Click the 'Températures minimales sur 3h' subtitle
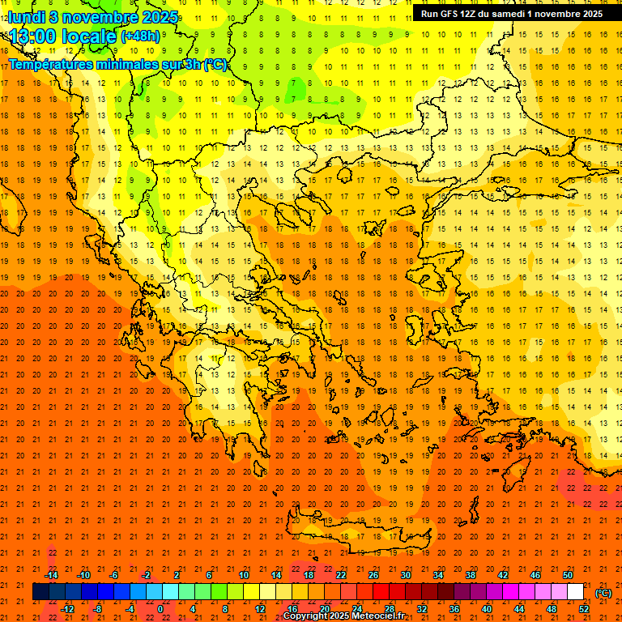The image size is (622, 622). click(x=117, y=65)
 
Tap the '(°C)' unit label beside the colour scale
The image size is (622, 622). click(x=603, y=593)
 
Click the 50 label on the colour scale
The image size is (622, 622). click(x=568, y=575)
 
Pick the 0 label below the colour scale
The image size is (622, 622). click(x=160, y=609)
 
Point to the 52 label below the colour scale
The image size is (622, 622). click(x=584, y=609)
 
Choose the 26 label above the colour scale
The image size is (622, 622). click(x=373, y=575)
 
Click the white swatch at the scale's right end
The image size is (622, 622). click(x=576, y=592)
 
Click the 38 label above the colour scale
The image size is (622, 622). click(x=471, y=575)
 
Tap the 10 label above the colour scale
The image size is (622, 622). click(x=244, y=575)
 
